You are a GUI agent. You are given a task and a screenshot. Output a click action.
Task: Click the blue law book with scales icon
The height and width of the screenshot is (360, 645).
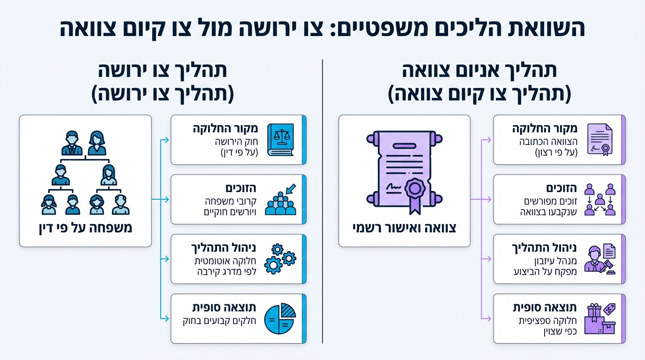[x=280, y=140]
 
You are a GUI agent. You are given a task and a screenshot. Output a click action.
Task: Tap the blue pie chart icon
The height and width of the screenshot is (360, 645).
[x=280, y=318]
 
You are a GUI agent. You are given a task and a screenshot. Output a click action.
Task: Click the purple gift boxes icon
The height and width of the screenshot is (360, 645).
[x=600, y=319]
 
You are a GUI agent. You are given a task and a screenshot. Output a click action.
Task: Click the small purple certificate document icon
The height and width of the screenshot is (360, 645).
[x=600, y=140]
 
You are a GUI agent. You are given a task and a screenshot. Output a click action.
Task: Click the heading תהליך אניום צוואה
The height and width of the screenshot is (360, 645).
[x=480, y=71]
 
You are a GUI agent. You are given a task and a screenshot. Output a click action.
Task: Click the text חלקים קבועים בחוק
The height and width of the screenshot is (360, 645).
[x=221, y=321]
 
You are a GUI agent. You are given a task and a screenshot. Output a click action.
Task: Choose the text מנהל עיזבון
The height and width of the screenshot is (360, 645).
[x=558, y=261]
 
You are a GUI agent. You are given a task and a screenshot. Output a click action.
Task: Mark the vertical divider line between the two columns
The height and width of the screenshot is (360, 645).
[x=322, y=202]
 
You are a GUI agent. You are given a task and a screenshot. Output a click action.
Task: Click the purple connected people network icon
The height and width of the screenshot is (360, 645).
[x=600, y=199]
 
